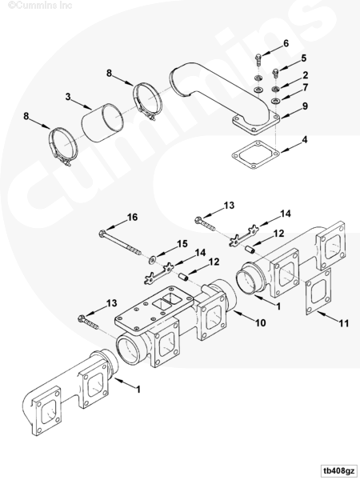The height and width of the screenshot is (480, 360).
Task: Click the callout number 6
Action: tap(286, 43)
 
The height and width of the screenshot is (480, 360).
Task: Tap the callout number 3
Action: tap(68, 97)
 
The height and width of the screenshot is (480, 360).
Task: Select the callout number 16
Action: tap(132, 217)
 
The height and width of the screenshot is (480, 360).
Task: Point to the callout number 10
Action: tap(261, 322)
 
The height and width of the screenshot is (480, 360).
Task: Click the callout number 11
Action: tap(344, 323)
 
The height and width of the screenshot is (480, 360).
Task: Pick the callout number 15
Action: tap(182, 244)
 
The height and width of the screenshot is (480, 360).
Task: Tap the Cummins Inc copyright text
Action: tap(40, 6)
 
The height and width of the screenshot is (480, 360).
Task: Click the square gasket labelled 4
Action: tap(256, 154)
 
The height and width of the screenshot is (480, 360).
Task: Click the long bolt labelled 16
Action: tap(120, 243)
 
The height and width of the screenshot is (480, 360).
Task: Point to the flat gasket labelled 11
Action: tap(318, 291)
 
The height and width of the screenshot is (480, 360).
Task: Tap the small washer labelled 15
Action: tap(152, 260)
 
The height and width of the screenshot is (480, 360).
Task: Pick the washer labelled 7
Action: tap(275, 101)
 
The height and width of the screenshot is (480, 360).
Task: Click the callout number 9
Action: tap(305, 106)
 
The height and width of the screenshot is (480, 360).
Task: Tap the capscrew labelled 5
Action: tap(275, 74)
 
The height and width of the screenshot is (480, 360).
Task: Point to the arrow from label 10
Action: tap(244, 316)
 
